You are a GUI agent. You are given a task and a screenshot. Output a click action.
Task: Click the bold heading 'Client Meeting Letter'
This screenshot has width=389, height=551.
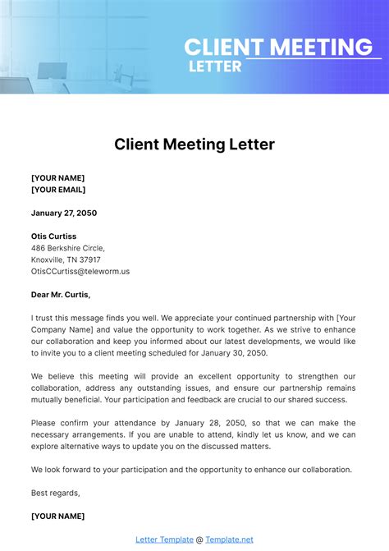click(194, 145)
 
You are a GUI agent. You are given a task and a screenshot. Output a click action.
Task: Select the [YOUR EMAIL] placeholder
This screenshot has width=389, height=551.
click(58, 191)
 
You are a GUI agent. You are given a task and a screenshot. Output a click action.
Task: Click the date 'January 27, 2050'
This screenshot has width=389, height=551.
click(64, 213)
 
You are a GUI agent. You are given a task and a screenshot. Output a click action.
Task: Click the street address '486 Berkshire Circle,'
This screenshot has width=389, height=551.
click(68, 247)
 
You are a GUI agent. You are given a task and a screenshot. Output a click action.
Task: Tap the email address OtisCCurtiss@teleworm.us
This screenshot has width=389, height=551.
click(80, 271)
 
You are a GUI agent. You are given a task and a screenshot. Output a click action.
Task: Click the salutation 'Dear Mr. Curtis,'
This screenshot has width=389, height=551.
click(61, 295)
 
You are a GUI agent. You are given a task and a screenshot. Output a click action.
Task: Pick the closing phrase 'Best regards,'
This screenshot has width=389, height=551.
click(56, 493)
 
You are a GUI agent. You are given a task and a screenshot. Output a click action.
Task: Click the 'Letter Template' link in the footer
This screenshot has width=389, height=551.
click(164, 540)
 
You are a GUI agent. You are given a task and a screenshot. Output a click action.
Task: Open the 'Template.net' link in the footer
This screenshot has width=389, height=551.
click(229, 540)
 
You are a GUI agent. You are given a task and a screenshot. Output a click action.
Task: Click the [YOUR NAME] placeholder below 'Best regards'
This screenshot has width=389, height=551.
click(57, 517)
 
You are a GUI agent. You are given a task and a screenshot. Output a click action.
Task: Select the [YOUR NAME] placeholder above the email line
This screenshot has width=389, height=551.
click(57, 177)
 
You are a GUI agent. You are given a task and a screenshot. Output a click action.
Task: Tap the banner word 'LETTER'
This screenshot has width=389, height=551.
click(215, 66)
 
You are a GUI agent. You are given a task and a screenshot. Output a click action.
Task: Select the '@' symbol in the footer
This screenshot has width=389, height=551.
click(199, 540)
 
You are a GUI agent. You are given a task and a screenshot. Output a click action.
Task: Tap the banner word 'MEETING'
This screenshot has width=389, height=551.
click(321, 48)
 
